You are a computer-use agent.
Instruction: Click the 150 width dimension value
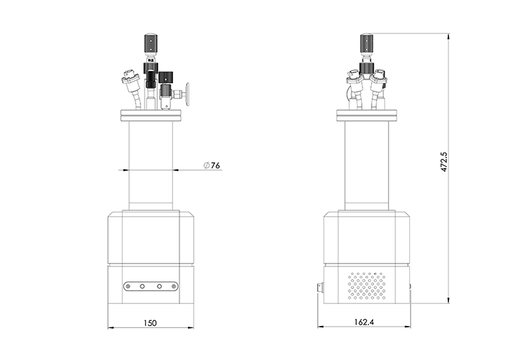point(150,323)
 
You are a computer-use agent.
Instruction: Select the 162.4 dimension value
point(364,322)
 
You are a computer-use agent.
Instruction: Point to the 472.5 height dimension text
point(444,162)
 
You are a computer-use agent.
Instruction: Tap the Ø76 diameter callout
point(212,165)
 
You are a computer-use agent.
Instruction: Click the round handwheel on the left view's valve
point(187,94)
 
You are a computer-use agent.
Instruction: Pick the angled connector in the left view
point(133,88)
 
